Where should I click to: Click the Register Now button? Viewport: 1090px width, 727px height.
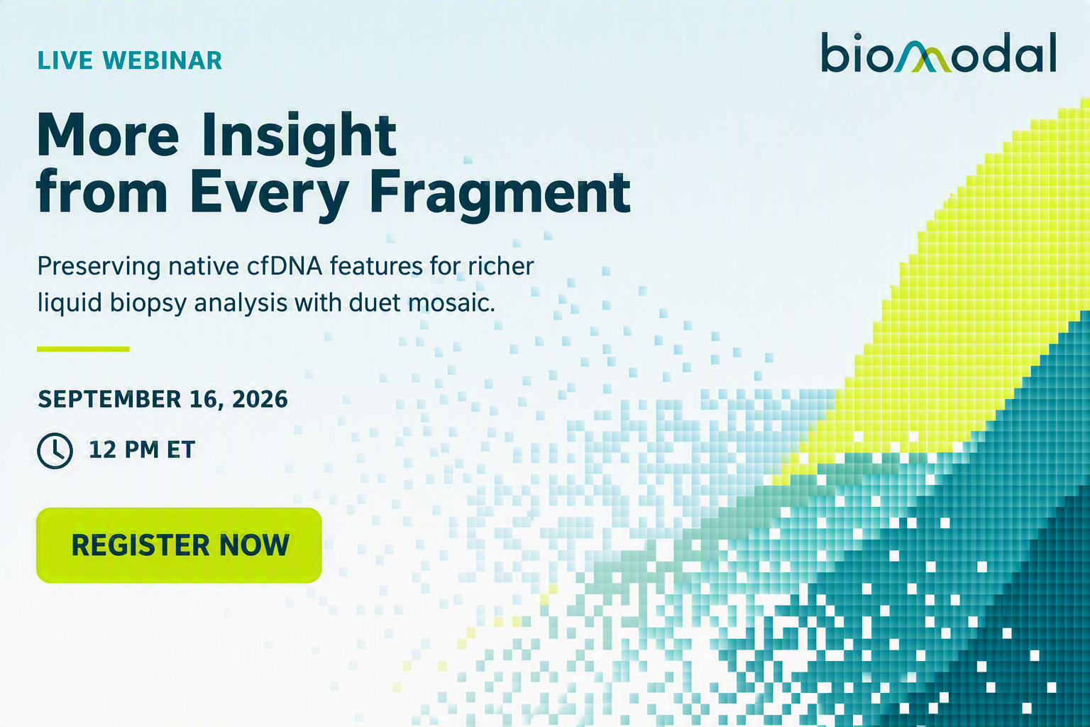point(179,545)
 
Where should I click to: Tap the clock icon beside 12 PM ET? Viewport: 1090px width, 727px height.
point(55,450)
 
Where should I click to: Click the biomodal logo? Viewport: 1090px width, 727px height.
point(939,53)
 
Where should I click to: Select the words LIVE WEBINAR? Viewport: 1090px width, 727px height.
point(130,60)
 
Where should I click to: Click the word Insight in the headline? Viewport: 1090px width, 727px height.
point(299,135)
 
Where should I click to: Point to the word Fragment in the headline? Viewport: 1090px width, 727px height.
point(500,193)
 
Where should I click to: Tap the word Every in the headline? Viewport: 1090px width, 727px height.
point(269,193)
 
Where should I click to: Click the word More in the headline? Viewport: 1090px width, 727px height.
point(108,135)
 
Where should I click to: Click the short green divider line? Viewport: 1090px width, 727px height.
point(83,349)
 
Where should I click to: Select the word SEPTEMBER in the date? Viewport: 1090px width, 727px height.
point(110,399)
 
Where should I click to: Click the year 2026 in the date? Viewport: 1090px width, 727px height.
point(260,399)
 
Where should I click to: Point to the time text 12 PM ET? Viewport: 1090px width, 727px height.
point(142,449)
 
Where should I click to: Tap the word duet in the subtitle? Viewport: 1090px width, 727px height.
point(374,302)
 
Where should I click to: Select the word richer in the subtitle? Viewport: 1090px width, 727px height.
point(501,266)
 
